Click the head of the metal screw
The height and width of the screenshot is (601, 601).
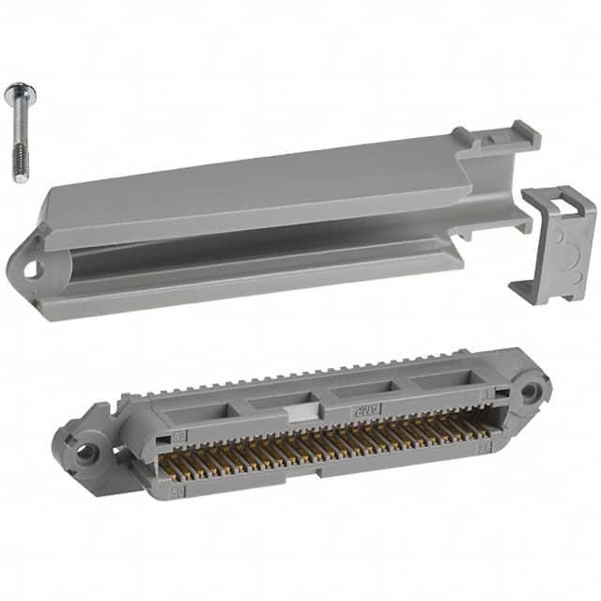[19, 91]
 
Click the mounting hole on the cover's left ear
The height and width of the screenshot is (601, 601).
[31, 270]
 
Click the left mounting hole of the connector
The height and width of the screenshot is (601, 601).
[87, 454]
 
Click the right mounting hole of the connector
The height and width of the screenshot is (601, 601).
[532, 387]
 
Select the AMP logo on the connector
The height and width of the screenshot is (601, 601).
[361, 409]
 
